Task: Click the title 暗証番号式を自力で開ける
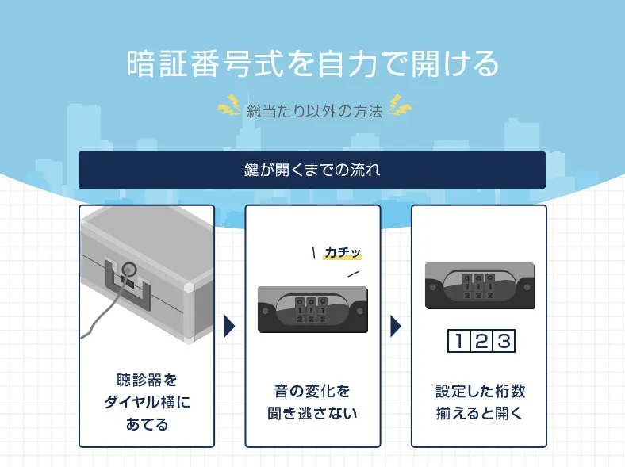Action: [312, 63]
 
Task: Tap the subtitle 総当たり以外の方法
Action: [314, 110]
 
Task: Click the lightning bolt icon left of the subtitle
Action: [229, 105]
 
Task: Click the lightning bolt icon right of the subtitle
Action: [399, 105]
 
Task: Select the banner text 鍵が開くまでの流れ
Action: [312, 170]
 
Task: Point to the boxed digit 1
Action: [458, 342]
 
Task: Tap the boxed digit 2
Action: [481, 342]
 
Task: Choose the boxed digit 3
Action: [503, 342]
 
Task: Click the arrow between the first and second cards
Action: [229, 326]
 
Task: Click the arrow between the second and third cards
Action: [396, 326]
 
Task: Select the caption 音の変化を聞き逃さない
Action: [312, 402]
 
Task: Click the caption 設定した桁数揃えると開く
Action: [479, 402]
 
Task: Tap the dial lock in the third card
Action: [478, 285]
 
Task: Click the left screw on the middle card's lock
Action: [266, 310]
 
